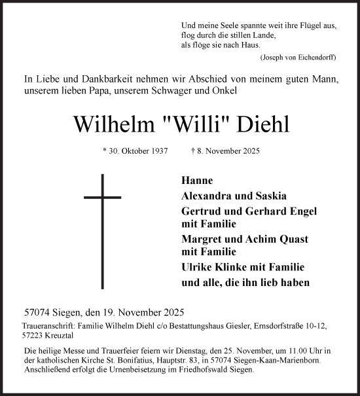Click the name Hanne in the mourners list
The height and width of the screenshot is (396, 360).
pyautogui.click(x=197, y=181)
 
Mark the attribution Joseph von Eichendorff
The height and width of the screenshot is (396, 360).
pyautogui.click(x=298, y=58)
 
